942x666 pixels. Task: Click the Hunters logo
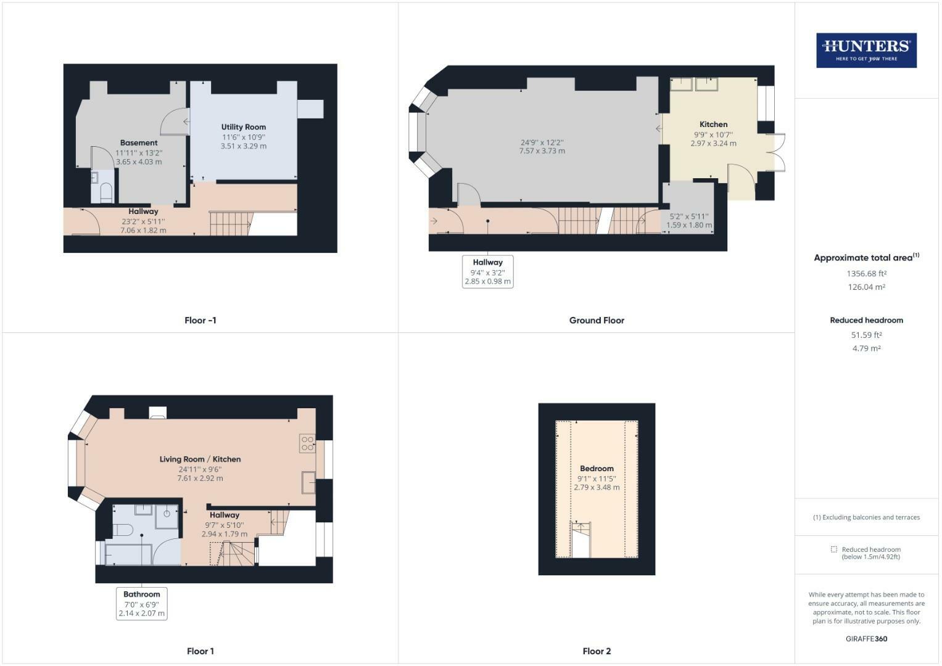point(866,51)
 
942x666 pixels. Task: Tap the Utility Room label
point(244,127)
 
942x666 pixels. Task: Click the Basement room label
point(139,143)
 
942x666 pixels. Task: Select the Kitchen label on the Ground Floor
point(713,125)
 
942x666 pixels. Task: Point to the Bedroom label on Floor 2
point(597,469)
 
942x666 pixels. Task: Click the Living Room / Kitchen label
point(200,459)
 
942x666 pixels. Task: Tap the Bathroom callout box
point(142,603)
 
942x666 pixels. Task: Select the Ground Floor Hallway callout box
point(487,271)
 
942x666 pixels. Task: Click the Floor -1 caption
point(200,321)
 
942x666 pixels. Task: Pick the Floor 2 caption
point(597,651)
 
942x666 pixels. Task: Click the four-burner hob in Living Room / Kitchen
point(307,443)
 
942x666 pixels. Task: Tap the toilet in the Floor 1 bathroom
point(123,530)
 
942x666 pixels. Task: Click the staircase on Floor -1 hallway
point(229,223)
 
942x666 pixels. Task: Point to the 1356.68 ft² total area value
point(866,273)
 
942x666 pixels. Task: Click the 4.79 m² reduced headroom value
point(866,348)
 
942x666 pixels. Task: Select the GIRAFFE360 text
point(866,639)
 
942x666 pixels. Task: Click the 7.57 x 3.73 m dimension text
point(542,151)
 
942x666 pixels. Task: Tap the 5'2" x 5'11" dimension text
point(689,216)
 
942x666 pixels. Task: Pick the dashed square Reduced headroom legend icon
point(834,549)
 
